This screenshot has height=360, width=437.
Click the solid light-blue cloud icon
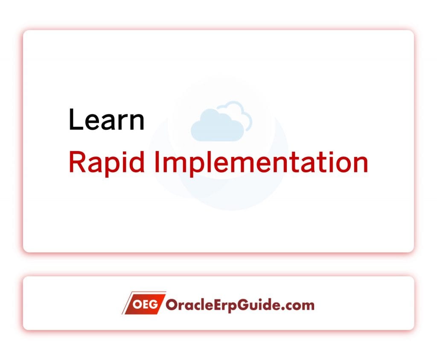(217, 126)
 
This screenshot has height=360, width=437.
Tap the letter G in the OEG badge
(155, 304)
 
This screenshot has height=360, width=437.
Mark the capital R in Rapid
(76, 163)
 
